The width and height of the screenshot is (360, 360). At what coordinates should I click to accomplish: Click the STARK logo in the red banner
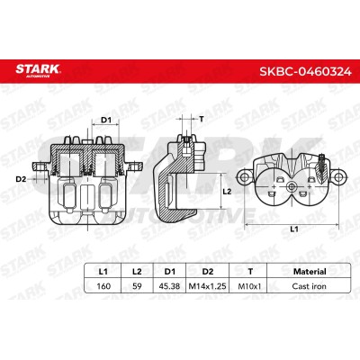pyautogui.click(x=38, y=71)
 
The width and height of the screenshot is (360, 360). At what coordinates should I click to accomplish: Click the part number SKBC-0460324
pyautogui.click(x=305, y=72)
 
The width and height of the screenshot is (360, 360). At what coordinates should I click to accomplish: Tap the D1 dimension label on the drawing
pyautogui.click(x=106, y=120)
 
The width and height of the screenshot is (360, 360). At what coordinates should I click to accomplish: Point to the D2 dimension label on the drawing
pyautogui.click(x=21, y=179)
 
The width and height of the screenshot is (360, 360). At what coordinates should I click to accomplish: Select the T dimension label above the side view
pyautogui.click(x=202, y=119)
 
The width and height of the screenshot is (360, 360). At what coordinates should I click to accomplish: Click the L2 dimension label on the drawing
pyautogui.click(x=228, y=192)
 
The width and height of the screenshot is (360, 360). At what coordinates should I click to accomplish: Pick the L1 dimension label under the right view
pyautogui.click(x=294, y=229)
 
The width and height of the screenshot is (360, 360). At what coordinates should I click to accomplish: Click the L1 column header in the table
pyautogui.click(x=103, y=272)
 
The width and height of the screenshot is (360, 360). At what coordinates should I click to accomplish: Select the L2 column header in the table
pyautogui.click(x=137, y=272)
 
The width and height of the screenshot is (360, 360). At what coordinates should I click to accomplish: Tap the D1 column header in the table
pyautogui.click(x=170, y=272)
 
